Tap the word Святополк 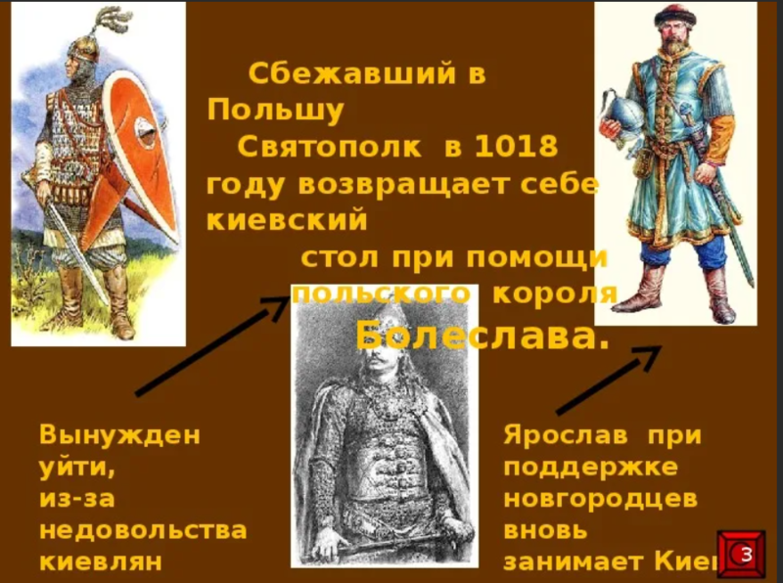(329, 148)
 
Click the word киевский (288, 220)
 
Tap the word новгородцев (600, 498)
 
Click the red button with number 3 (743, 556)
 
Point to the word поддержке (590, 467)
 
